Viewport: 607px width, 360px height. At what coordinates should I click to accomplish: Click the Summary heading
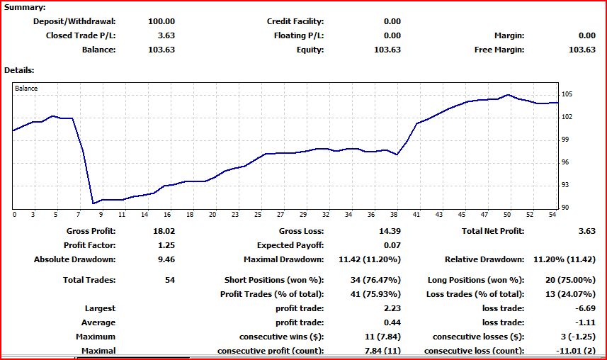25,7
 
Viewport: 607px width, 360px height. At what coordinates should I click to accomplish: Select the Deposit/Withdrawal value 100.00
161,21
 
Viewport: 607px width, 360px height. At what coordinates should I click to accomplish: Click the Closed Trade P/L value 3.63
166,35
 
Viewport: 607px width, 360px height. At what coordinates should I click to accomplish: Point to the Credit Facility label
295,21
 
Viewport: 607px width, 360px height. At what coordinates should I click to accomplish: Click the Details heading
19,70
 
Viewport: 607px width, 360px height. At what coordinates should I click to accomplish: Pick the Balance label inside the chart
26,89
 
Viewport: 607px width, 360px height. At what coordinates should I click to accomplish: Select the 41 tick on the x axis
416,214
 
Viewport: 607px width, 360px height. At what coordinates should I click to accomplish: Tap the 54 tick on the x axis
552,214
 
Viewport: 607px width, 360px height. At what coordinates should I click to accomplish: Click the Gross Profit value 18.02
164,230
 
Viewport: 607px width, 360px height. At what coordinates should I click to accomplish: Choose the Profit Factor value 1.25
166,244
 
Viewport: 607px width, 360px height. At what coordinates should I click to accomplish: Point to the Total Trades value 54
169,280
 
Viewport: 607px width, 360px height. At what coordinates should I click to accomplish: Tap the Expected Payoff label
290,244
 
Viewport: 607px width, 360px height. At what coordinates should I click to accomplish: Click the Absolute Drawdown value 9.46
166,259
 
